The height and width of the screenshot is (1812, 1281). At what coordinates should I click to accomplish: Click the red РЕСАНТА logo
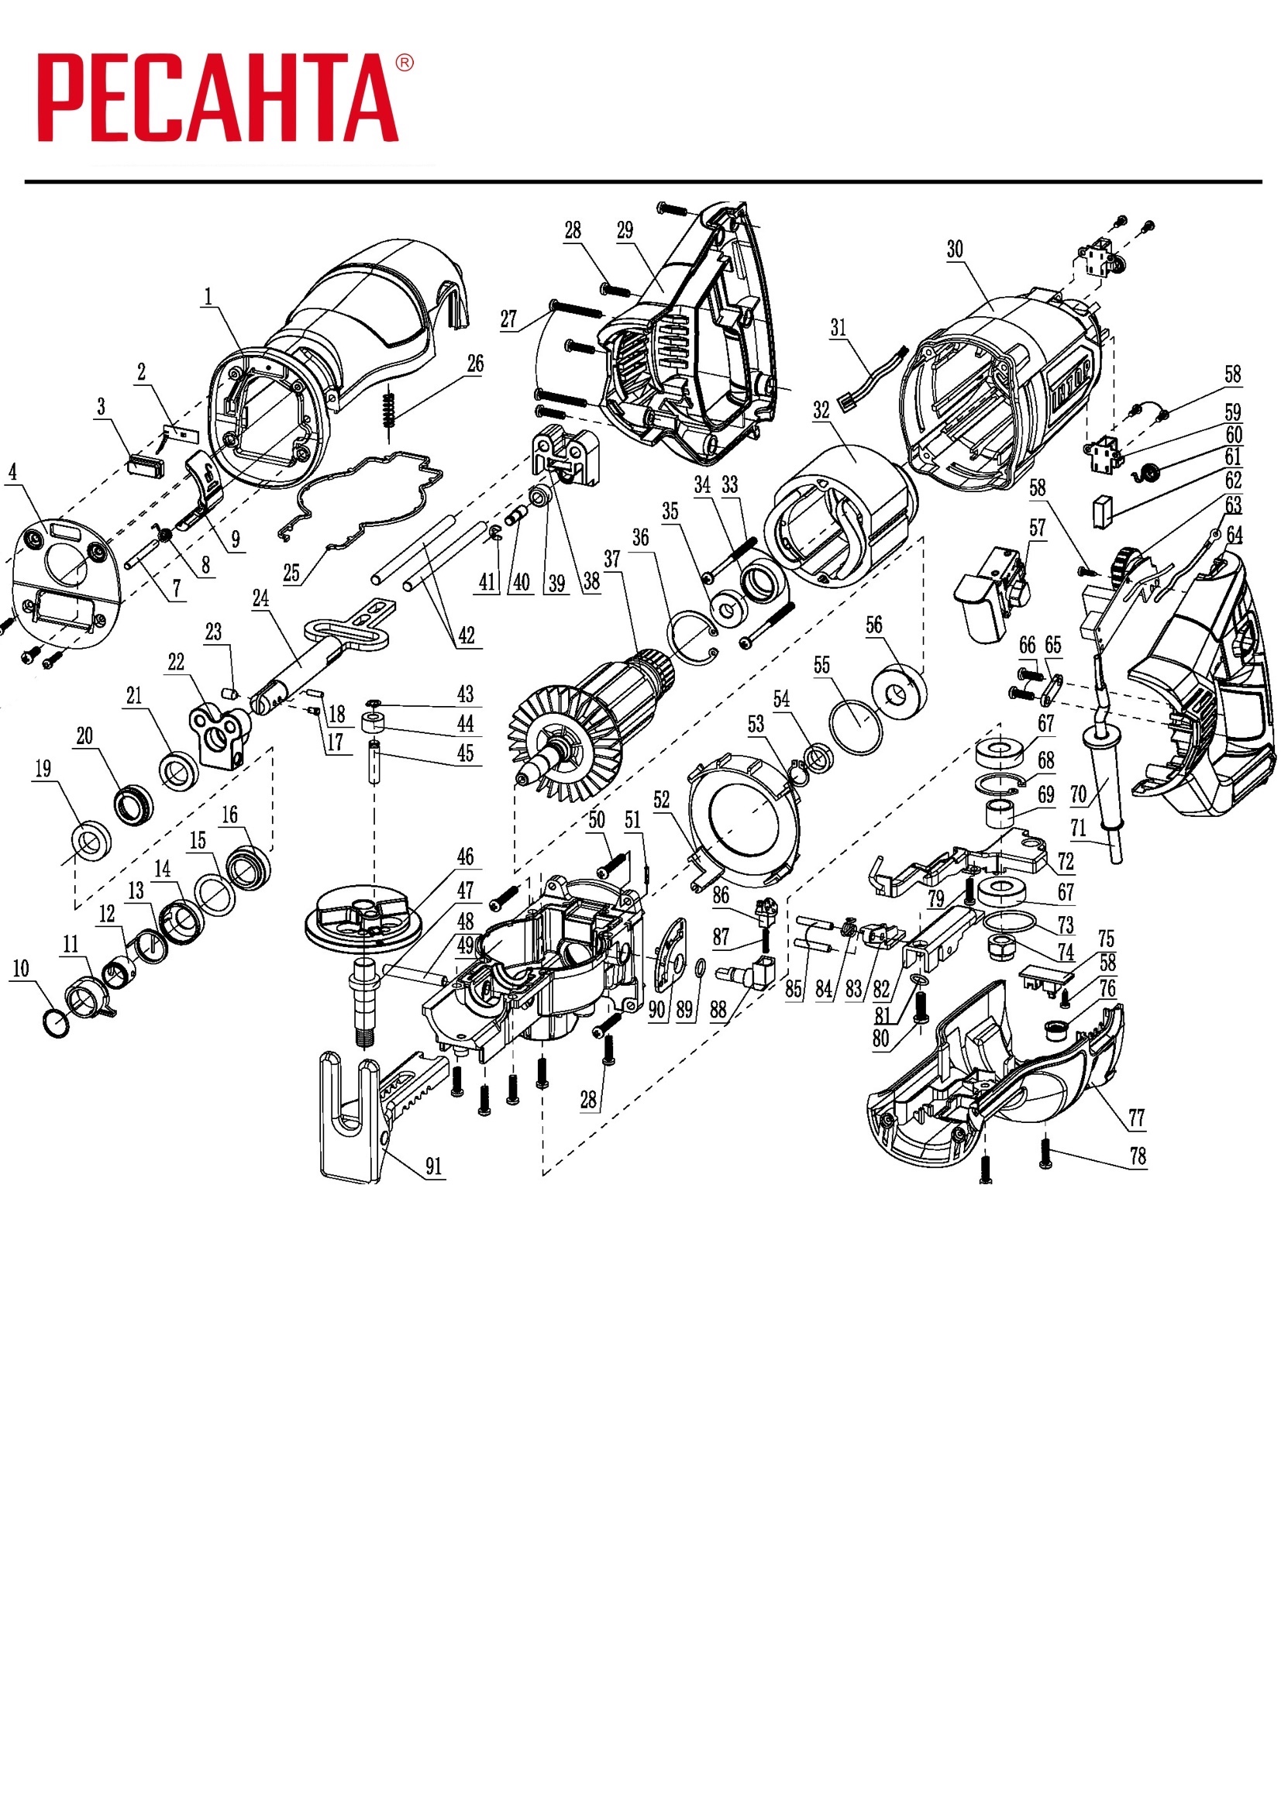pyautogui.click(x=218, y=98)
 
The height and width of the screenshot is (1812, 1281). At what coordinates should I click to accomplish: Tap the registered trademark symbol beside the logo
pyautogui.click(x=403, y=63)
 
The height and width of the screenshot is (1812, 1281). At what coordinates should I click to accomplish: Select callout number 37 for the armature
pyautogui.click(x=612, y=559)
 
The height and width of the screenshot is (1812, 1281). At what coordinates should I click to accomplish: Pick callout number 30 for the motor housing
pyautogui.click(x=955, y=250)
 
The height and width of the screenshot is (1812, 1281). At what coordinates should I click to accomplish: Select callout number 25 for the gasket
pyautogui.click(x=291, y=572)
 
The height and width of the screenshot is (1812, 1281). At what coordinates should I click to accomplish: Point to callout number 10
pyautogui.click(x=20, y=968)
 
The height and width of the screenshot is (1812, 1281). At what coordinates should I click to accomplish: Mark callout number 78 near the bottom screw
pyautogui.click(x=1138, y=1156)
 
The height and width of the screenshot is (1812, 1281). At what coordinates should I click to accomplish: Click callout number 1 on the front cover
pyautogui.click(x=208, y=297)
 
